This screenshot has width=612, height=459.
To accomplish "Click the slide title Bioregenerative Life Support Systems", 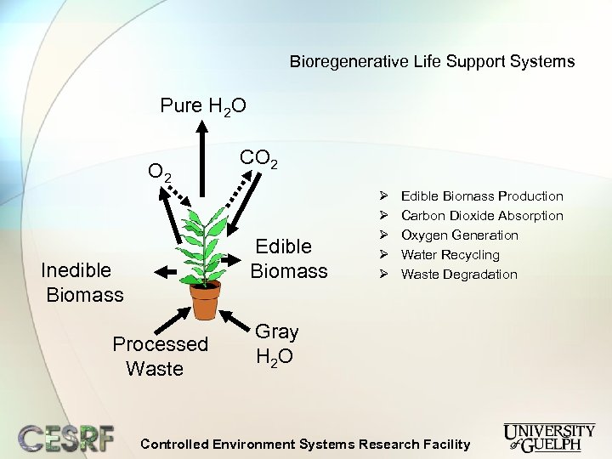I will pyautogui.click(x=432, y=61).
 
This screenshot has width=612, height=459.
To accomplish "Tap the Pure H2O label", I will pyautogui.click(x=203, y=106).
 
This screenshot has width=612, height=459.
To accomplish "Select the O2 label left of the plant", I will pyautogui.click(x=160, y=172).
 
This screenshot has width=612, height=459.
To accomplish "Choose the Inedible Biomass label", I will pyautogui.click(x=83, y=282).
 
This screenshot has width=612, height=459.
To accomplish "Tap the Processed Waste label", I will pyautogui.click(x=160, y=356).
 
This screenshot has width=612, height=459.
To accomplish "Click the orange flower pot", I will pyautogui.click(x=204, y=299).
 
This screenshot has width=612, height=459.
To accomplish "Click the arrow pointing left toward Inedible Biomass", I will pyautogui.click(x=167, y=271).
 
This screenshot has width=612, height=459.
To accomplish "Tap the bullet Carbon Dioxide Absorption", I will pyautogui.click(x=481, y=216).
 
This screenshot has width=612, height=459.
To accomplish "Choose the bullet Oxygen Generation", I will pyautogui.click(x=459, y=235).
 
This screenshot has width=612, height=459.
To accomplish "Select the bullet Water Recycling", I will pyautogui.click(x=450, y=255).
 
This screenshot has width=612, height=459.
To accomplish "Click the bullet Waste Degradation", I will pyautogui.click(x=458, y=275).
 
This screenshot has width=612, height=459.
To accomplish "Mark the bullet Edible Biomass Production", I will pyautogui.click(x=481, y=196).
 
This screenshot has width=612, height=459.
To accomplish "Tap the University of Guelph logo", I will pyautogui.click(x=548, y=436).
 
